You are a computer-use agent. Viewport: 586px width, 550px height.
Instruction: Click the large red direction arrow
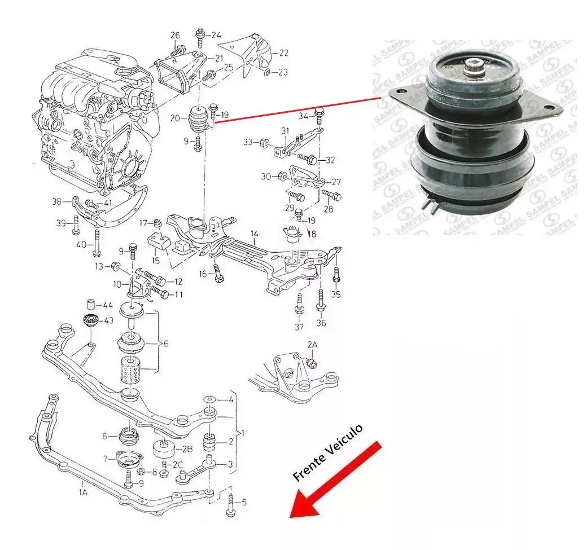333,481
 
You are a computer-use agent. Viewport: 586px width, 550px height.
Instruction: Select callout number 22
283,53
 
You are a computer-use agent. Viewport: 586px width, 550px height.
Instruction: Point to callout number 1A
83,492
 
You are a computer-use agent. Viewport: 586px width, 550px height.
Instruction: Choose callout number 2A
312,344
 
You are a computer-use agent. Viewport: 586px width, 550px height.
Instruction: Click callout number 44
107,305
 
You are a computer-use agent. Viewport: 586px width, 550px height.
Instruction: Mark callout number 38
56,201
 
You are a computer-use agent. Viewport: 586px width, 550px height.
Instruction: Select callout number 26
175,36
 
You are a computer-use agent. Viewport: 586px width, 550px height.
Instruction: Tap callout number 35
336,294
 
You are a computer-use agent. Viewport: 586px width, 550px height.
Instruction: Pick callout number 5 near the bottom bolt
244,501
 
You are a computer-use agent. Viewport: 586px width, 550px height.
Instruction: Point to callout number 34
303,116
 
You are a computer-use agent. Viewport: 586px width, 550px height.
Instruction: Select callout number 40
81,244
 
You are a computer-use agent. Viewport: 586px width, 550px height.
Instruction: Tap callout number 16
203,274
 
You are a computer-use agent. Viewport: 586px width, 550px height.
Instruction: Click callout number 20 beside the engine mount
175,118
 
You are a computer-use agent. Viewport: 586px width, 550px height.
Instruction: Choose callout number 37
299,327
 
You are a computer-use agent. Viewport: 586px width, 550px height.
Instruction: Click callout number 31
286,131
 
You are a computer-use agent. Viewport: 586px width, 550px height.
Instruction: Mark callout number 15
156,261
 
